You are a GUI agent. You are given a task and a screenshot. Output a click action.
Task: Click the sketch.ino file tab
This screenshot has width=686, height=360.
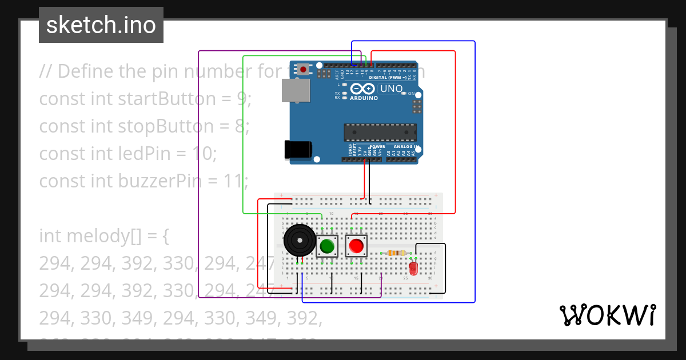click(x=101, y=25)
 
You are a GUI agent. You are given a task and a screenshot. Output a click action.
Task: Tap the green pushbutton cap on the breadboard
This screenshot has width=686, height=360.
click(x=327, y=246)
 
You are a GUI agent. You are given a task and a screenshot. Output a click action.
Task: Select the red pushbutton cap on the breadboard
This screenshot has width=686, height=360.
click(x=356, y=246)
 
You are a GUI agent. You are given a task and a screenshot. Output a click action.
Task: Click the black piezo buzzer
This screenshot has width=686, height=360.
click(x=300, y=241)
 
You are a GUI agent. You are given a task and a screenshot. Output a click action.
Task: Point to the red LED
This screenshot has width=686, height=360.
click(x=413, y=267)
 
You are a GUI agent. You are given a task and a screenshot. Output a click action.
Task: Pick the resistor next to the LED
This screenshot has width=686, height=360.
click(x=396, y=253)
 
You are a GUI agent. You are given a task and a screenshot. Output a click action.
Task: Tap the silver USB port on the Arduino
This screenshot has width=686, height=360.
click(x=296, y=91)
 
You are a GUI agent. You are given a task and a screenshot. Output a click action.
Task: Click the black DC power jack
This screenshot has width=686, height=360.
click(x=298, y=150)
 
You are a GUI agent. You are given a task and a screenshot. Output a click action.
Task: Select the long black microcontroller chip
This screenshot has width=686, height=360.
click(x=379, y=132)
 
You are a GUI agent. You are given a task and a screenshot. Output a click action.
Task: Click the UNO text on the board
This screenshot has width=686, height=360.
click(x=392, y=89)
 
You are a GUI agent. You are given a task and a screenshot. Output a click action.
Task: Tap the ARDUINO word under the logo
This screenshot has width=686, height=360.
click(x=364, y=98)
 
